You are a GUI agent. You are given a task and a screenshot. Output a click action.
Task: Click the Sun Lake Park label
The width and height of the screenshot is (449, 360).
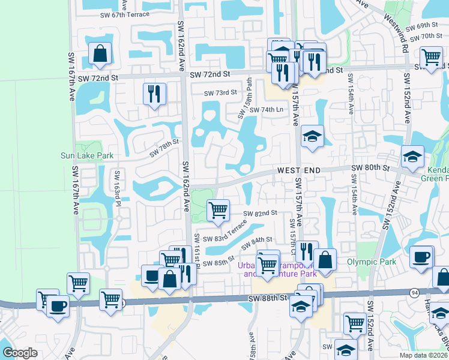87,156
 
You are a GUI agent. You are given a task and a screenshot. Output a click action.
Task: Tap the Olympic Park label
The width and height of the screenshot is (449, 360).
372,262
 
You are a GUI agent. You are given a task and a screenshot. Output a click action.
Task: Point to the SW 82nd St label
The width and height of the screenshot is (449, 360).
260,213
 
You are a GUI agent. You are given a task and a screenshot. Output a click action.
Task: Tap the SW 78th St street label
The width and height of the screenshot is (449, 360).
164,147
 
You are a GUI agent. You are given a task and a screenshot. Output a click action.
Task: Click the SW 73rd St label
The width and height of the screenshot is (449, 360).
221,93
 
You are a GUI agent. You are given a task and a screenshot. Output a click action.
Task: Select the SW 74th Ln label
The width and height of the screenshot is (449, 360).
266,110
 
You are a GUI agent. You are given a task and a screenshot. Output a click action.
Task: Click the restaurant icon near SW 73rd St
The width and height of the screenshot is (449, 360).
154,94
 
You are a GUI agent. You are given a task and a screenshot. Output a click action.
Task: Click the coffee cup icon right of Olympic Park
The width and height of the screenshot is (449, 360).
421,256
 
